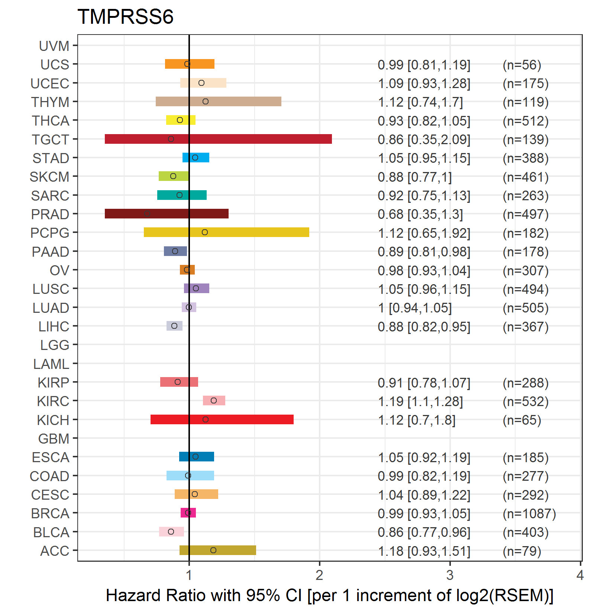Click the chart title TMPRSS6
pyautogui.click(x=125, y=17)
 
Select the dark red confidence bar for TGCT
pyautogui.click(x=218, y=139)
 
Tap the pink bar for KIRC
pyautogui.click(x=214, y=400)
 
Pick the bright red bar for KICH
pyautogui.click(x=222, y=419)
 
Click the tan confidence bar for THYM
pyautogui.click(x=218, y=101)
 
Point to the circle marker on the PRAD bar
pyautogui.click(x=147, y=214)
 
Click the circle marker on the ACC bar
pyautogui.click(x=213, y=550)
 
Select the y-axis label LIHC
pyautogui.click(x=54, y=327)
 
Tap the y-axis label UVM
pyautogui.click(x=54, y=46)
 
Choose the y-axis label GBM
pyautogui.click(x=54, y=439)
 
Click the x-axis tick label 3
pyautogui.click(x=450, y=575)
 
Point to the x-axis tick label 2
pyautogui.click(x=319, y=575)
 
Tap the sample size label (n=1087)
pyautogui.click(x=529, y=513)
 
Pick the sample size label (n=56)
pyautogui.click(x=522, y=65)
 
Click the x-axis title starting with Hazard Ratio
pyautogui.click(x=329, y=595)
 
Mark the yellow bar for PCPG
pyautogui.click(x=226, y=232)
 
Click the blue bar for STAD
pyautogui.click(x=196, y=158)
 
